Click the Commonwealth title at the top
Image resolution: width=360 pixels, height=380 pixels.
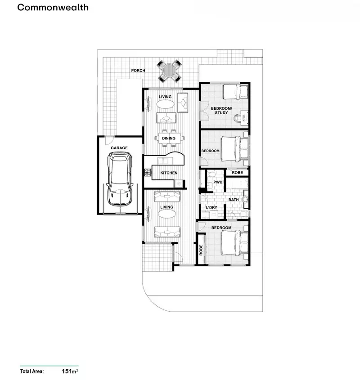(53, 8)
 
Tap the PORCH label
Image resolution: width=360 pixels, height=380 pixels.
(138, 71)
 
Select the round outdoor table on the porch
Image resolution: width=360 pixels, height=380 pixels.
(170, 71)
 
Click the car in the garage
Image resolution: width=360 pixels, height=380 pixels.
(119, 177)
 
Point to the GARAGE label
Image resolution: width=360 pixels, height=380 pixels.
(119, 148)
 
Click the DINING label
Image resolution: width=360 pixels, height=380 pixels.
(169, 138)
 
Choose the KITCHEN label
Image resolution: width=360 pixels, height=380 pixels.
(169, 173)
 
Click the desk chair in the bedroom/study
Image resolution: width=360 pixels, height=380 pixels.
(237, 118)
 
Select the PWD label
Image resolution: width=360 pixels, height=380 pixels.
(218, 182)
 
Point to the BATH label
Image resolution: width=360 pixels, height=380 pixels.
(234, 199)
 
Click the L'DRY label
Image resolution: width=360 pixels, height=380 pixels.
(211, 207)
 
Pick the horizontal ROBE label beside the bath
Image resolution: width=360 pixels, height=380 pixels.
(237, 172)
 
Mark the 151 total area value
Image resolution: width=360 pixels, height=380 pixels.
(67, 371)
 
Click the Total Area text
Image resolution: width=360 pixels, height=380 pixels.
(32, 371)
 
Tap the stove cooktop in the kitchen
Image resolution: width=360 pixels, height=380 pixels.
(147, 172)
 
